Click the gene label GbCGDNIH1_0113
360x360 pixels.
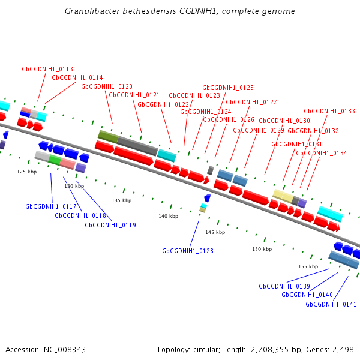[47, 69]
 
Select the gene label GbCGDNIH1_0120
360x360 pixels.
[107, 86]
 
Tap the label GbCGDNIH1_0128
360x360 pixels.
[188, 251]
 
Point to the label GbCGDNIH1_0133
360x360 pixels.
[329, 111]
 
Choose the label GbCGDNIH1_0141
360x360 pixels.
[331, 304]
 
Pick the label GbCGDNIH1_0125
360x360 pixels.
[228, 88]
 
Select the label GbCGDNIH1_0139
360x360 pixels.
[284, 286]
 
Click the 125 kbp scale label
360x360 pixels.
[26, 172]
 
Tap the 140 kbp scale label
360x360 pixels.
[169, 216]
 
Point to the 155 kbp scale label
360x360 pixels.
[308, 266]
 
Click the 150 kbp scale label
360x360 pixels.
[262, 249]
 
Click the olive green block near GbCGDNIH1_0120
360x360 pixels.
[107, 136]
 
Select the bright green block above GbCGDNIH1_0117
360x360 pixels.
[55, 160]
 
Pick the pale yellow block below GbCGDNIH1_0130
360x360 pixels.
[283, 195]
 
